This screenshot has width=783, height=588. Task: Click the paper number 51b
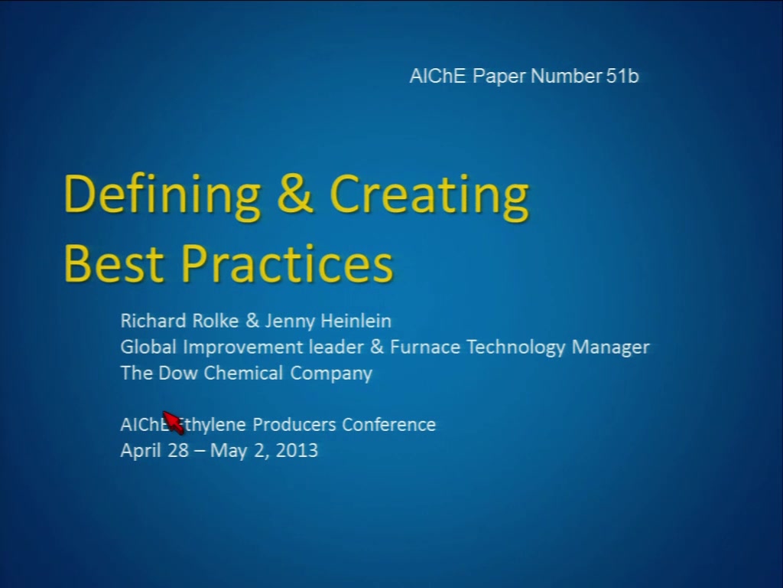(622, 76)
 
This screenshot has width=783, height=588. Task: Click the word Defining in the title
(162, 196)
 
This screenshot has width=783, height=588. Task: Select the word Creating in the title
(429, 196)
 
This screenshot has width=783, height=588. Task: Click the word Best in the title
(114, 263)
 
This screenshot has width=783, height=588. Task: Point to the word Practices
(288, 263)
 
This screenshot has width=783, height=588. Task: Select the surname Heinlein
(356, 321)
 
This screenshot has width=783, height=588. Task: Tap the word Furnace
(425, 347)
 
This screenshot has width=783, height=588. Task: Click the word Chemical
(243, 373)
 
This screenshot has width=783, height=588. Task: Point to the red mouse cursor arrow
(174, 423)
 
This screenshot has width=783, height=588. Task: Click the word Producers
(294, 424)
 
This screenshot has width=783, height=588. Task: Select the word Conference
(389, 424)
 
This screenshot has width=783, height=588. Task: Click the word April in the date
(141, 451)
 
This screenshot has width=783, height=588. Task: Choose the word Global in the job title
(148, 347)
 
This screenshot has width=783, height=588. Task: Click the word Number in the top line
(566, 76)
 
